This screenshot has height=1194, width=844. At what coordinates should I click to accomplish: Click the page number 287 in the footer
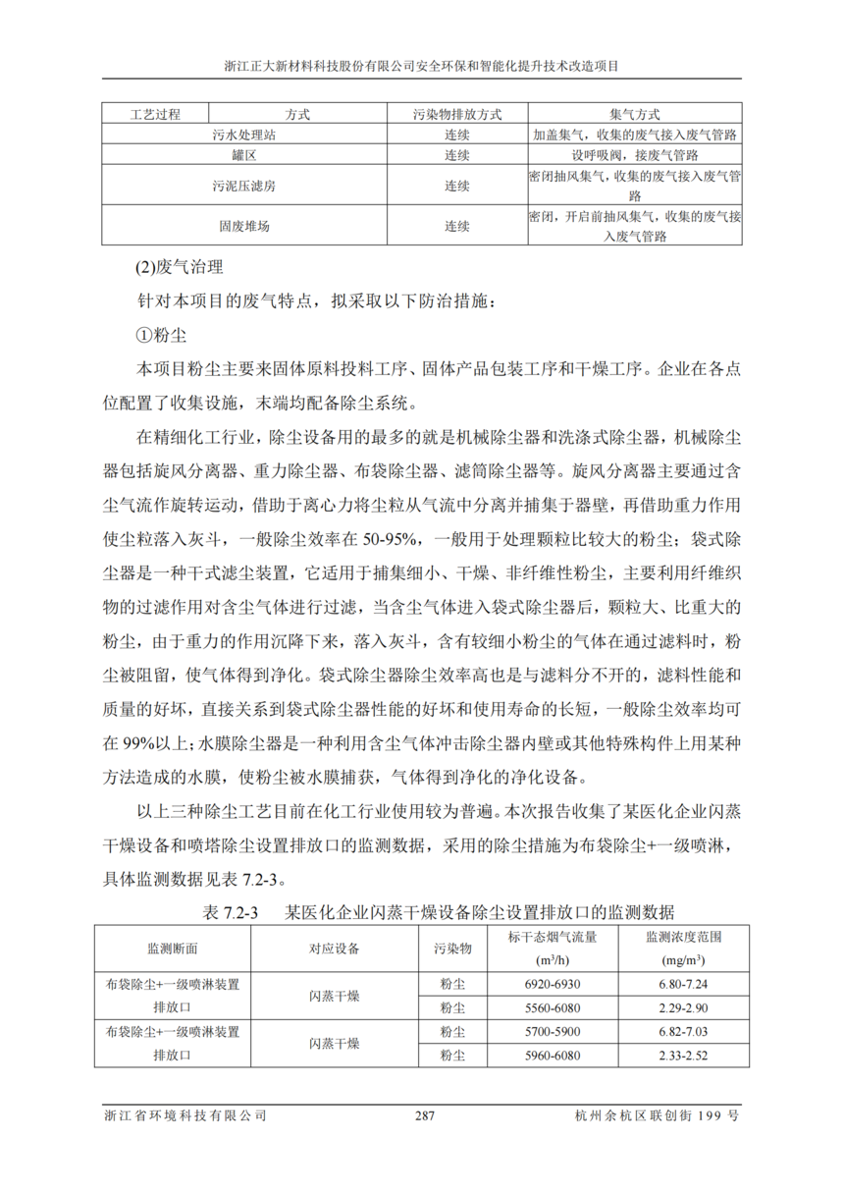(x=424, y=1116)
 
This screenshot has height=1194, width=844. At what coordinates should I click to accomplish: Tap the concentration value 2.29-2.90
(x=683, y=1007)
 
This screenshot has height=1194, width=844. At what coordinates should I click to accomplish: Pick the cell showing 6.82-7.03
(x=683, y=1032)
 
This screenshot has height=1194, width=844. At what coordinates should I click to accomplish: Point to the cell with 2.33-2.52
(x=683, y=1057)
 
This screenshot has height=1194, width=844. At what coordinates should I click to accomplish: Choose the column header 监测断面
(x=173, y=949)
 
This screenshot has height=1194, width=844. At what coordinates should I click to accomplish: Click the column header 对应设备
(x=335, y=949)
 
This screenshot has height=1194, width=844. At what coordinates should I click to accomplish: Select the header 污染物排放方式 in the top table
(x=457, y=114)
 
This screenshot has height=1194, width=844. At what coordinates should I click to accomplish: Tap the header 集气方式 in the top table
(x=634, y=114)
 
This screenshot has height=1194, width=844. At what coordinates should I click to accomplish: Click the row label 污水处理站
(x=244, y=135)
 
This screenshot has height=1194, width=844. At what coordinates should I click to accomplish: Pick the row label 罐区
(x=244, y=155)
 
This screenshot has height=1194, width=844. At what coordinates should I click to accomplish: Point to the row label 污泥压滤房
(x=244, y=186)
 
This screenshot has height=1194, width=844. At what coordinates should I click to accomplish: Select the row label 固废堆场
(x=244, y=226)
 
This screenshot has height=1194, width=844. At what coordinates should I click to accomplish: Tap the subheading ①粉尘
(x=161, y=335)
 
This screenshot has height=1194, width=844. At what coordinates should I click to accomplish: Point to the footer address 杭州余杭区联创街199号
(x=658, y=1116)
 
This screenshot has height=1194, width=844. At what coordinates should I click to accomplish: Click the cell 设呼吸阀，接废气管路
(x=634, y=155)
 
